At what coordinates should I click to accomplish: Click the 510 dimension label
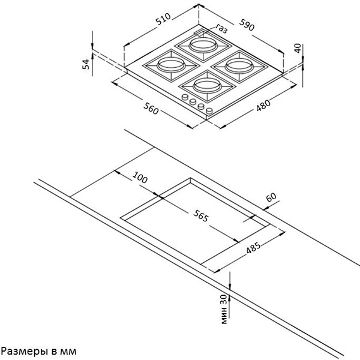pos(163,19)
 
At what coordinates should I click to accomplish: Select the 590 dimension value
pos(247,25)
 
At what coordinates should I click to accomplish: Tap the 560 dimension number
pos(151,109)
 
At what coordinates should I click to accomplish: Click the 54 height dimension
pos(86,64)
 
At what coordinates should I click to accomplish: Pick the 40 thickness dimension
pos(298,48)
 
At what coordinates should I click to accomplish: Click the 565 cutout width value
pos(201,216)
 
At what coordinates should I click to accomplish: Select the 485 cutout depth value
pos(253,247)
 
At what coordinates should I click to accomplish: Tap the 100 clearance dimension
pos(140,177)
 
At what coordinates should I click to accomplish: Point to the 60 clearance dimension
pos(271,197)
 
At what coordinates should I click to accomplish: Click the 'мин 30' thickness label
pos(224,309)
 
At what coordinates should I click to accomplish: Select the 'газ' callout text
pos(221,29)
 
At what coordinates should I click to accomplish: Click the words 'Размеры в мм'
pos(39,351)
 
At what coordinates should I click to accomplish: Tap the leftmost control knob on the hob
pos(185,97)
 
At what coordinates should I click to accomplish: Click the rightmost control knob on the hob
pos(209,111)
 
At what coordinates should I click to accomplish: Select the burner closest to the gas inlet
pos(203,46)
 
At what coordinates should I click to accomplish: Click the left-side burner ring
pos(171,65)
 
